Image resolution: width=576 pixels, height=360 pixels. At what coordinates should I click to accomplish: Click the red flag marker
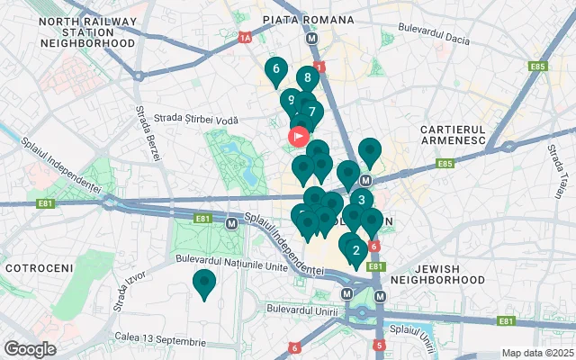tap(299, 137)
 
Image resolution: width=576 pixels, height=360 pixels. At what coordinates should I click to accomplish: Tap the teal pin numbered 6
tap(275, 68)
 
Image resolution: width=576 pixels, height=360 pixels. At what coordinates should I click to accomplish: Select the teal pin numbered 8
tap(308, 78)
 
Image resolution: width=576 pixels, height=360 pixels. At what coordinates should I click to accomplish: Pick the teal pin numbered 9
tap(291, 101)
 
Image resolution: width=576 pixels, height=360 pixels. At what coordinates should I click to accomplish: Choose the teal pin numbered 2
tap(355, 251)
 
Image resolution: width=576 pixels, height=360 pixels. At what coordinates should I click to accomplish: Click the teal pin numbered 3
tap(361, 201)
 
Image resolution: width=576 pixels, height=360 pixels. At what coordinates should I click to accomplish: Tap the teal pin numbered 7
tap(311, 113)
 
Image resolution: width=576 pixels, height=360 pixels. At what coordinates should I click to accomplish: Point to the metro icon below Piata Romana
tap(312, 39)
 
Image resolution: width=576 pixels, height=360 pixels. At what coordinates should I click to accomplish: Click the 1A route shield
tap(245, 39)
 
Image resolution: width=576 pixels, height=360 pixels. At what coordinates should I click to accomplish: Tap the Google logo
tap(30, 348)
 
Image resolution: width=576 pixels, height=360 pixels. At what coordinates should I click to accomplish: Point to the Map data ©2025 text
tap(536, 353)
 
